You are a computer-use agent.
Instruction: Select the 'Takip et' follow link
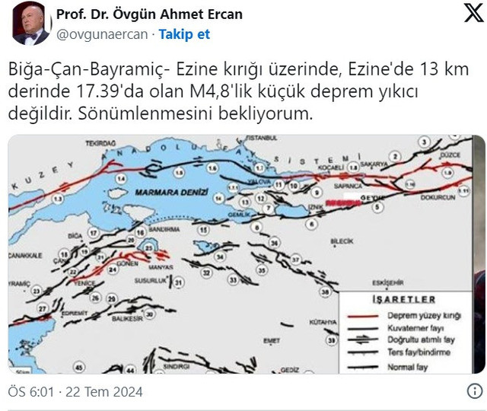184,34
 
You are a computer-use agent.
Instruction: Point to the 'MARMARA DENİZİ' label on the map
160,193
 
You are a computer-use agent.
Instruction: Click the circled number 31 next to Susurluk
178,283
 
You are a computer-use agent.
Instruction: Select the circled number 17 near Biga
93,232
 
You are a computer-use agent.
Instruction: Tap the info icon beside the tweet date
473,393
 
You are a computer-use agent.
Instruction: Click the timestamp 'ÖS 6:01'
30,393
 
